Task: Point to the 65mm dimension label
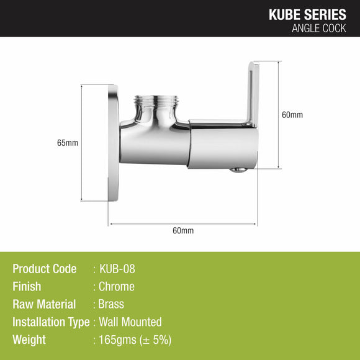67,143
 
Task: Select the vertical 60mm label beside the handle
292,115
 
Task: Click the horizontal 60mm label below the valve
183,230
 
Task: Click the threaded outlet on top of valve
156,102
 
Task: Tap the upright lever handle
252,93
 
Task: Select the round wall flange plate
114,143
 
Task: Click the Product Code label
45,269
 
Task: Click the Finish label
27,287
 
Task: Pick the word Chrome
116,287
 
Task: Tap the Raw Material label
44,304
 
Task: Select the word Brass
111,304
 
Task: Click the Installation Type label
51,322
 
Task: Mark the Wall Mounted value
130,322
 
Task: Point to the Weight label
29,340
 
